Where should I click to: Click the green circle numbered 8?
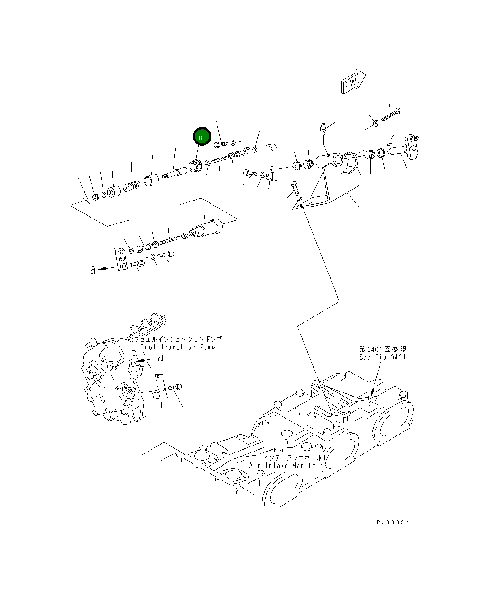pyautogui.click(x=202, y=136)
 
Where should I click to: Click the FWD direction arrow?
pyautogui.click(x=353, y=82)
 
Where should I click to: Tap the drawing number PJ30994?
pyautogui.click(x=393, y=522)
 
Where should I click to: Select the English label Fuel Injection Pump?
pyautogui.click(x=178, y=347)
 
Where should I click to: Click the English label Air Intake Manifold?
pyautogui.click(x=287, y=466)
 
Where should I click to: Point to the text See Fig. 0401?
pyautogui.click(x=382, y=357)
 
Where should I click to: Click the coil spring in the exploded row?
pyautogui.click(x=131, y=186)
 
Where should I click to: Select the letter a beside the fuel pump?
pyautogui.click(x=161, y=357)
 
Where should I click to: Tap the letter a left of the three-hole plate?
pyautogui.click(x=93, y=270)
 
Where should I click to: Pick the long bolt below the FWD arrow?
pyautogui.click(x=391, y=115)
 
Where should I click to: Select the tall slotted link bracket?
pyautogui.click(x=271, y=163)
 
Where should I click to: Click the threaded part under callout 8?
pyautogui.click(x=195, y=166)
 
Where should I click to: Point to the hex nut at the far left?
pyautogui.click(x=96, y=197)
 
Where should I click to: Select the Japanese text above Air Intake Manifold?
pyautogui.click(x=286, y=458)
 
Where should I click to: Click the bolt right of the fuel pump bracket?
pyautogui.click(x=175, y=387)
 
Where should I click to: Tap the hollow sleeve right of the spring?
pyautogui.click(x=151, y=180)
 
